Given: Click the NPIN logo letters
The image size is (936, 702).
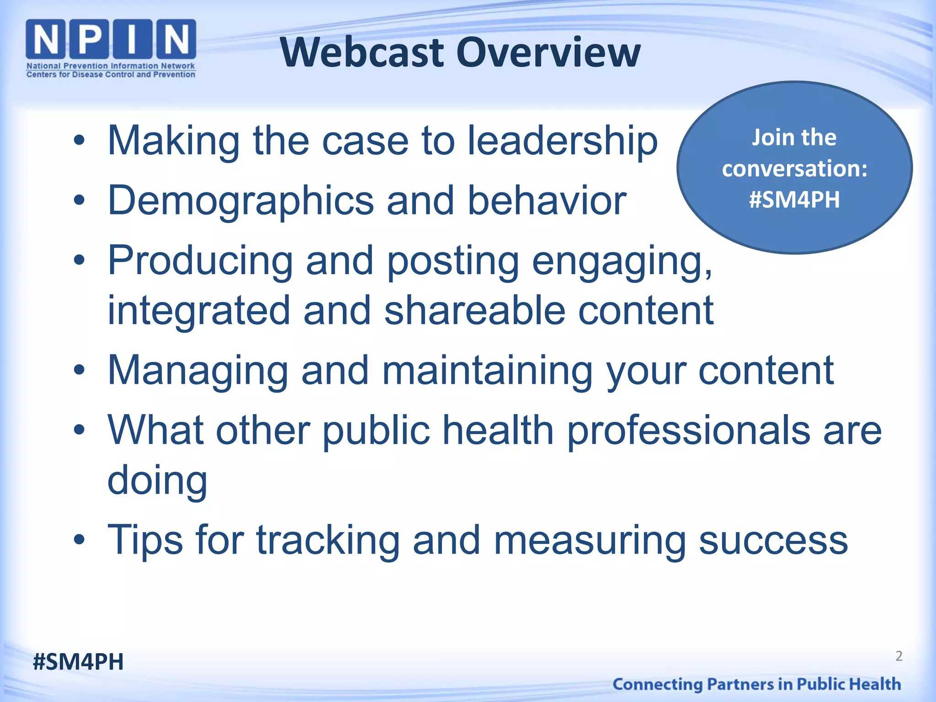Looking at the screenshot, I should click(111, 40).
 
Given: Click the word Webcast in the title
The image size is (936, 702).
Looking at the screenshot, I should click(362, 53).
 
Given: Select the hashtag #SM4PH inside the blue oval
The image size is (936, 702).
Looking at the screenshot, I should click(794, 200).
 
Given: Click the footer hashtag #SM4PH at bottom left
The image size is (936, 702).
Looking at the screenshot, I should click(78, 662).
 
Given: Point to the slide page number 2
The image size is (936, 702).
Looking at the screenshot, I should click(899, 656).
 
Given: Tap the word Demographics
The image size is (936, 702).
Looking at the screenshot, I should click(241, 201).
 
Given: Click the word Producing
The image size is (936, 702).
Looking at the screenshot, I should click(200, 261).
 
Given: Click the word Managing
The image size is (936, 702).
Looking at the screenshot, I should click(197, 371).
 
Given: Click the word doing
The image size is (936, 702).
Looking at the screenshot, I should click(157, 481).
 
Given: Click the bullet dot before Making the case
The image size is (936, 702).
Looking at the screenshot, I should click(79, 141).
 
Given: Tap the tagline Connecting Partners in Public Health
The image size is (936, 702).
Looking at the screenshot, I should click(756, 684).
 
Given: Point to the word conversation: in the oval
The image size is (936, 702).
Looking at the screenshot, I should click(794, 169).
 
